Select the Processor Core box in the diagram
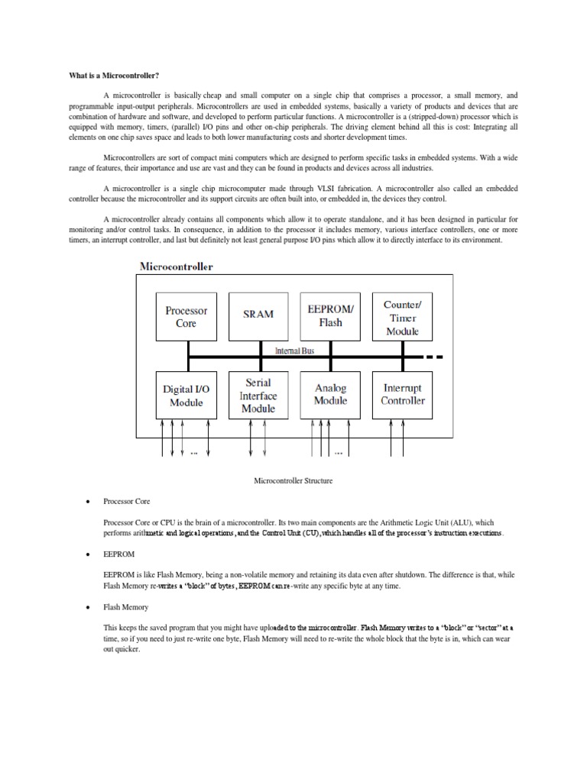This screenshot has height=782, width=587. (186, 317)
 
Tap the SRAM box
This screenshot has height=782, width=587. (259, 314)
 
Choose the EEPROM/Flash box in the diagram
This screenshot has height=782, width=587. (331, 315)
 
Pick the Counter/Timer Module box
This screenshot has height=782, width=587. (402, 317)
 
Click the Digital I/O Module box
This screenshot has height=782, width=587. (186, 395)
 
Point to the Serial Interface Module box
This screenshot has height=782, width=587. (258, 395)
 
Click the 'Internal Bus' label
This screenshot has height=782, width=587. (294, 350)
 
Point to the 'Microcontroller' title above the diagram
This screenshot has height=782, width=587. (177, 267)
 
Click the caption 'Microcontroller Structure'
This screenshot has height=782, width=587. (293, 481)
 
